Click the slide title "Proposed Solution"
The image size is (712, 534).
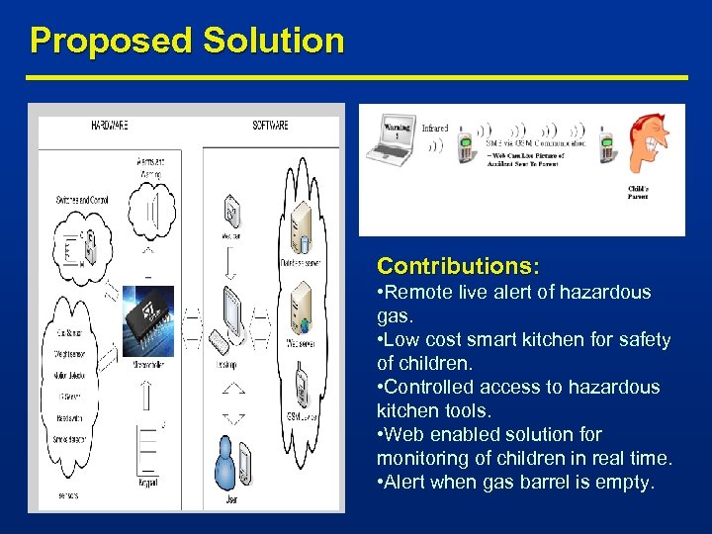click(187, 41)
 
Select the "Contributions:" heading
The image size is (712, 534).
click(458, 267)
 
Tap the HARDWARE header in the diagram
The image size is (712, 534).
click(110, 127)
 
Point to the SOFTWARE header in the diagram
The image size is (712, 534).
click(271, 127)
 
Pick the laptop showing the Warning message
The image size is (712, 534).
click(393, 142)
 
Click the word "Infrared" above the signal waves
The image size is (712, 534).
click(436, 128)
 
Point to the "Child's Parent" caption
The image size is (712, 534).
click(638, 192)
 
